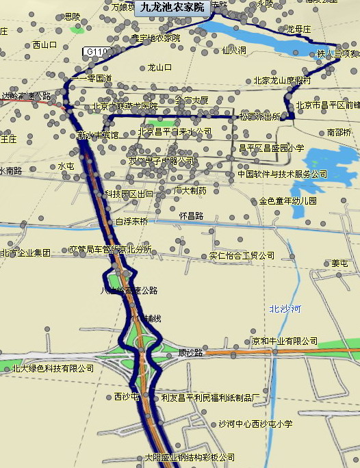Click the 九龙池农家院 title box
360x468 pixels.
[x=173, y=8]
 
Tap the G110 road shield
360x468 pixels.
[x=97, y=51]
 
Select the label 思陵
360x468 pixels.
[x=72, y=16]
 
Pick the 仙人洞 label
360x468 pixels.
[x=234, y=50]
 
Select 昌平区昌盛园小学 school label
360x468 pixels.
[x=271, y=147]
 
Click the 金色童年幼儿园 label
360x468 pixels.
[x=288, y=201]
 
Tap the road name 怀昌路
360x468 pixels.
[x=192, y=215]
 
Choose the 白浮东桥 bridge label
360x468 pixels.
[x=131, y=221]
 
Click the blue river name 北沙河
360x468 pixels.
[x=285, y=309]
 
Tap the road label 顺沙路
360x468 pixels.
[x=190, y=353]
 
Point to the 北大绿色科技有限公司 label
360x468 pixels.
[x=53, y=368]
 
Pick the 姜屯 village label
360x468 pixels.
[x=339, y=263]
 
